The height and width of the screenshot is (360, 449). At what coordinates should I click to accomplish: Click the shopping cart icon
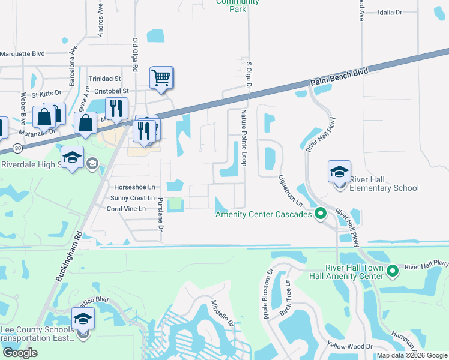[161, 77]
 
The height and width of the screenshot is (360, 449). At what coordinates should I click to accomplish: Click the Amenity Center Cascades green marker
[321, 214]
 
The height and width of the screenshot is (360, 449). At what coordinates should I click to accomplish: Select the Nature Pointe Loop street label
[244, 137]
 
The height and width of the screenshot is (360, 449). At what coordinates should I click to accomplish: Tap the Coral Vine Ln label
[126, 209]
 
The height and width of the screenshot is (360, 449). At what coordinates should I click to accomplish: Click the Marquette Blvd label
[23, 53]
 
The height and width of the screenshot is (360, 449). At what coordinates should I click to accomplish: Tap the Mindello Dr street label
[222, 314]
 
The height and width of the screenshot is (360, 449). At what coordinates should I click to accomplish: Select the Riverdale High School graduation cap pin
[72, 157]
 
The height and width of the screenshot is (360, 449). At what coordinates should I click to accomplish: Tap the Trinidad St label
[105, 79]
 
